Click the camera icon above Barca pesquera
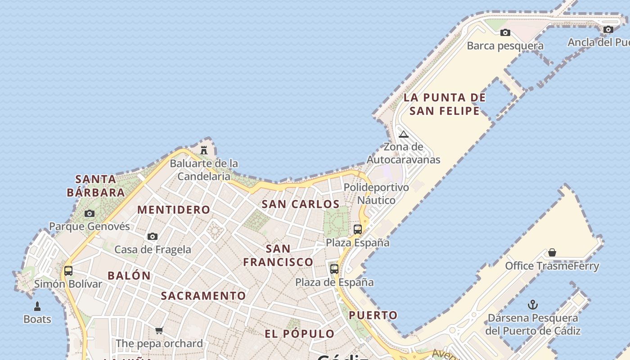point(505,32)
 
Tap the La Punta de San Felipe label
point(445,104)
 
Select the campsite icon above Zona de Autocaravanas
point(404,134)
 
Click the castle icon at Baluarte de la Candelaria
point(204,150)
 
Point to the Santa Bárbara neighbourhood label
point(96,186)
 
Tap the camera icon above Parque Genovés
point(90,213)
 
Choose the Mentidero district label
point(174,210)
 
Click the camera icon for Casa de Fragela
point(153,237)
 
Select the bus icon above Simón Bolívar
point(68,271)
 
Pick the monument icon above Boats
point(37,306)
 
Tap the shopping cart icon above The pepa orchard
point(159,331)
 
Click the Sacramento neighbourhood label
point(203,296)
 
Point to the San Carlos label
point(301,204)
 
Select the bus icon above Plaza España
point(358,229)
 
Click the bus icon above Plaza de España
point(334,269)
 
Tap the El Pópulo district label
point(300,334)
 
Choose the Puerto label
point(373,315)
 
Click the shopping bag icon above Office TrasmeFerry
point(552,253)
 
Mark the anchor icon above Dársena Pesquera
point(533,305)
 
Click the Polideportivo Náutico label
point(377,193)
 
